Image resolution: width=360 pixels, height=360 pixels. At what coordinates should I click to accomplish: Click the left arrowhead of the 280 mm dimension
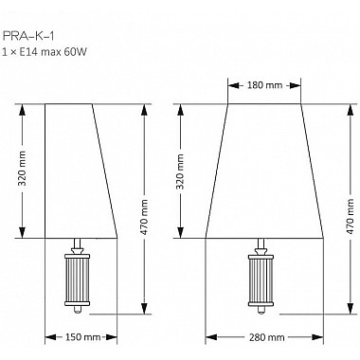(209, 337)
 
